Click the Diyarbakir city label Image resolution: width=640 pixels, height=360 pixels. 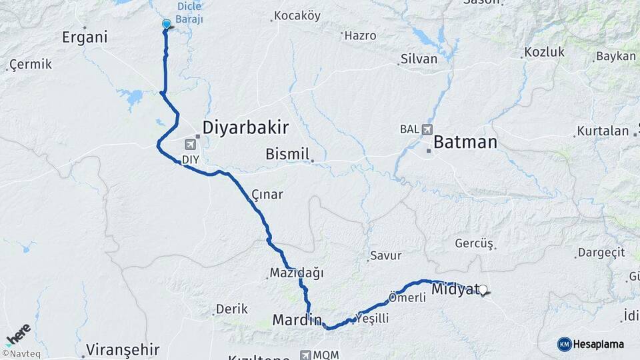[x=245, y=127]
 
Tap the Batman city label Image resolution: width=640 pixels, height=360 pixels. [x=465, y=142]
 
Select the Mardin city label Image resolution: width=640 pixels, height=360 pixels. [x=297, y=320]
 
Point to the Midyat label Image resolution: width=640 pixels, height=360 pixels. [x=455, y=289]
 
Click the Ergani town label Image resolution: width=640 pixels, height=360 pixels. [x=85, y=37]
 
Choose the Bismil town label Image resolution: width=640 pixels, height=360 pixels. [x=287, y=154]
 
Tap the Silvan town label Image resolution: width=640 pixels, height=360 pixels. [x=419, y=59]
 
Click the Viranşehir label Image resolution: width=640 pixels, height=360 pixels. [x=123, y=349]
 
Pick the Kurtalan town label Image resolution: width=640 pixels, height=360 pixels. [x=603, y=131]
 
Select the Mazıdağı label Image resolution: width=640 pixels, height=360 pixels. [x=296, y=273]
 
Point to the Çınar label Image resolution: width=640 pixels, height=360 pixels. [x=267, y=195]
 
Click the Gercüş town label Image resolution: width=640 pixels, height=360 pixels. [x=473, y=243]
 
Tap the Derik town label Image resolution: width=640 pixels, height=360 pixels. [x=231, y=309]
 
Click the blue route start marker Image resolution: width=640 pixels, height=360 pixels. [x=167, y=25]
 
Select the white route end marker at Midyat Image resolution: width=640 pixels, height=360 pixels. [x=483, y=290]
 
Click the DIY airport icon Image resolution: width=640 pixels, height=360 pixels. [x=192, y=144]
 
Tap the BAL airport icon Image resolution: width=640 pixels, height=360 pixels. [x=426, y=129]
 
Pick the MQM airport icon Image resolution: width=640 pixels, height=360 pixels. [x=306, y=355]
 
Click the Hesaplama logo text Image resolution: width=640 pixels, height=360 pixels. [x=599, y=344]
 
